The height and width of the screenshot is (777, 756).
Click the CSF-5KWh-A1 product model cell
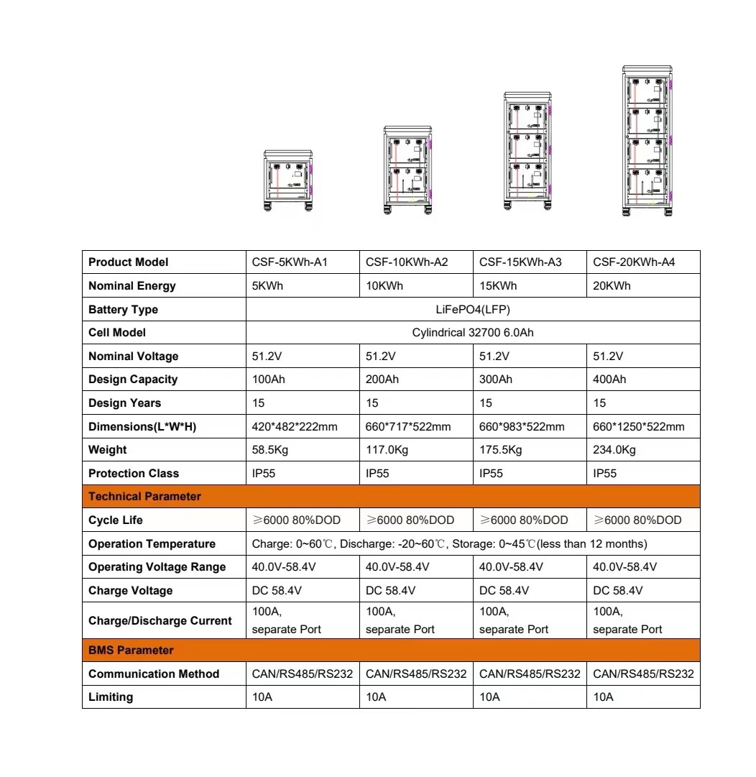point(290,262)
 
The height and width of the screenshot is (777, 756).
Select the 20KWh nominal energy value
point(612,286)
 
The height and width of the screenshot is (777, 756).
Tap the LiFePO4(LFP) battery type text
point(473,310)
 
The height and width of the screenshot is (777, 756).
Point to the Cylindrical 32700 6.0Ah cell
point(473,333)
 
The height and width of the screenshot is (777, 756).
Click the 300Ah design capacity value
point(496,380)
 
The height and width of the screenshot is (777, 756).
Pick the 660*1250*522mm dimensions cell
point(639,427)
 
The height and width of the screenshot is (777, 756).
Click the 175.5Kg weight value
point(501,450)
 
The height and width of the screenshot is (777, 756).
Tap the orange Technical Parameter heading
point(145,497)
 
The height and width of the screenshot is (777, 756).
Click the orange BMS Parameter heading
point(131,650)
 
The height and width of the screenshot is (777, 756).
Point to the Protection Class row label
point(134,474)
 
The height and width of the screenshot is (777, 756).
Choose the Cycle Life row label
point(116,520)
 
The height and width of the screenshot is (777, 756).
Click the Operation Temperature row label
point(152,544)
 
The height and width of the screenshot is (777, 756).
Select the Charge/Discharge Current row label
point(160,620)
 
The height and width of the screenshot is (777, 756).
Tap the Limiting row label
point(111,697)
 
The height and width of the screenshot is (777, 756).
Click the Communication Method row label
point(154,674)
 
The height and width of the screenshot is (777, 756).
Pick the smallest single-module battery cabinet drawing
point(288,180)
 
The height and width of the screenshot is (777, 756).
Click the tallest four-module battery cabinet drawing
point(647,141)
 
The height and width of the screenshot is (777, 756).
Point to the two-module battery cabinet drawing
point(407,170)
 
